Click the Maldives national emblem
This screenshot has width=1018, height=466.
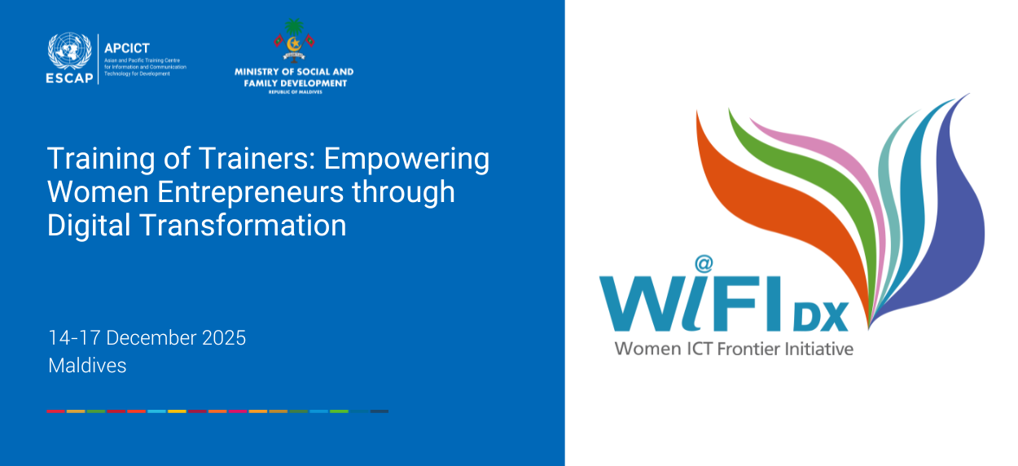(293, 41)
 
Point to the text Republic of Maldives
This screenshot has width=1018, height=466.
(293, 92)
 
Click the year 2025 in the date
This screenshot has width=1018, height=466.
(220, 338)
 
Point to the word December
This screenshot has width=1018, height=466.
(147, 338)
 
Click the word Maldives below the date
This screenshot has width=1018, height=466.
(87, 366)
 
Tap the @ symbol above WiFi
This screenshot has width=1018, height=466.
(704, 264)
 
